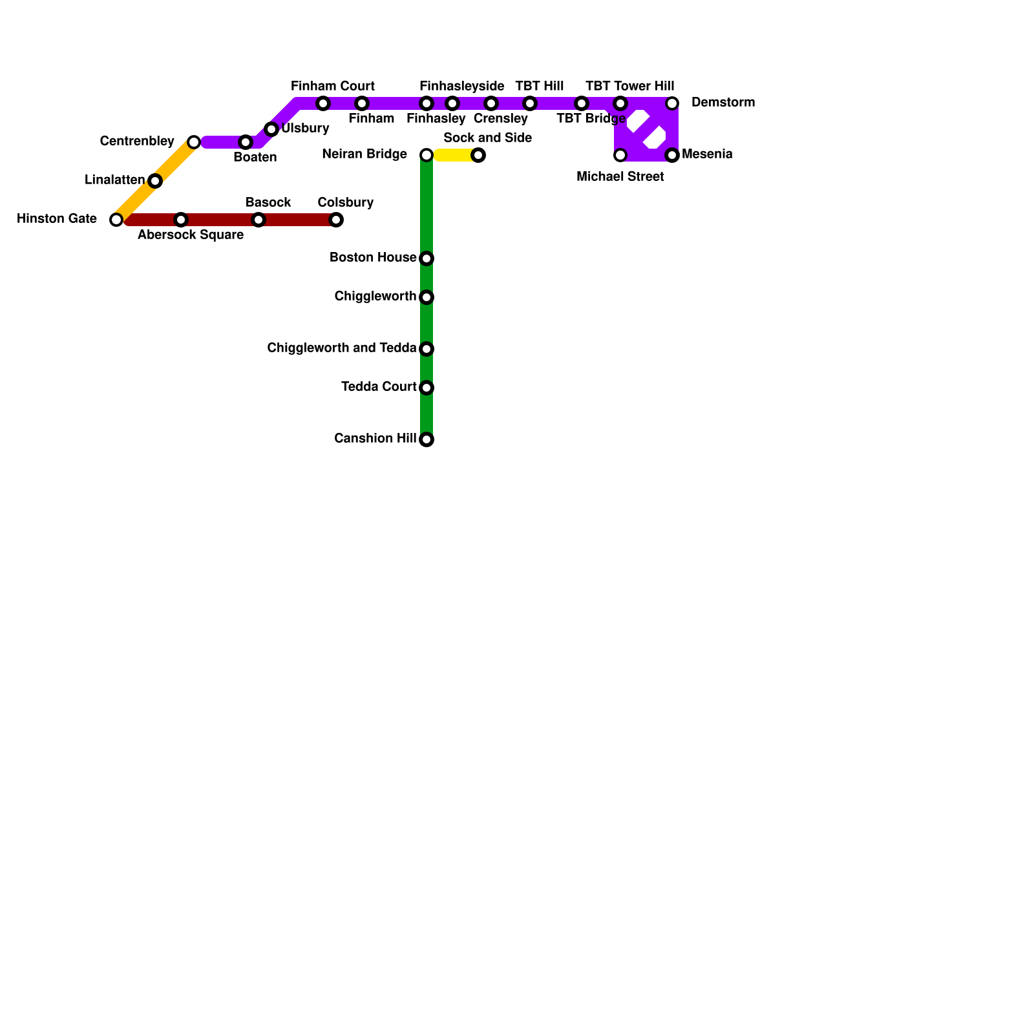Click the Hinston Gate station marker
click(x=116, y=220)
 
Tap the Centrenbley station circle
click(x=194, y=142)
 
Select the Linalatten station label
click(x=114, y=180)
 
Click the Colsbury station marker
click(x=336, y=220)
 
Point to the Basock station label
click(x=268, y=203)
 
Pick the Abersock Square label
click(x=191, y=235)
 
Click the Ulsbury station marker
click(x=271, y=129)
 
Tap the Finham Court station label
click(x=333, y=87)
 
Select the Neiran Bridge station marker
click(x=427, y=155)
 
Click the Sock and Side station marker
click(x=478, y=155)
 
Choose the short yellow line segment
click(x=456, y=155)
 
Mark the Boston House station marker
click(x=427, y=258)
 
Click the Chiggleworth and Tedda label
click(x=341, y=348)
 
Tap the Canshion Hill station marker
click(x=427, y=439)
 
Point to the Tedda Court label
click(x=379, y=387)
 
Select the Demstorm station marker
click(x=672, y=103)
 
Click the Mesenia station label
click(x=707, y=154)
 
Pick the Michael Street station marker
click(x=620, y=155)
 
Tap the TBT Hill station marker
click(x=530, y=103)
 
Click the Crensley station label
click(x=501, y=119)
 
